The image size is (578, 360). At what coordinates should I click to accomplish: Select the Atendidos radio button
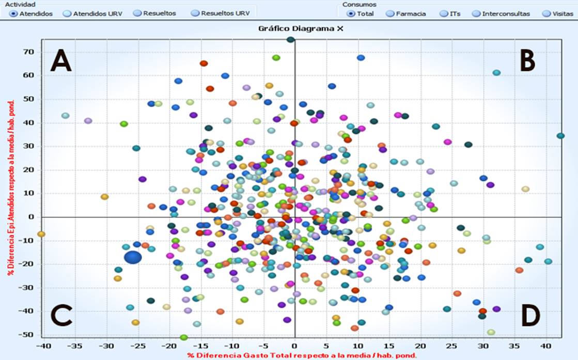click(13, 14)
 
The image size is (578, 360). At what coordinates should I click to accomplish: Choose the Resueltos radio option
click(137, 13)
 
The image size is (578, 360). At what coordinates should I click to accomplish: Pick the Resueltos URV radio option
click(195, 14)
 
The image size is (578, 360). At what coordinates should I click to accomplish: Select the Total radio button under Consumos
click(351, 14)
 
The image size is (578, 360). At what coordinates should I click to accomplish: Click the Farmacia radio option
click(390, 14)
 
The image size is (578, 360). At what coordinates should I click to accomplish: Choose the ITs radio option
click(444, 14)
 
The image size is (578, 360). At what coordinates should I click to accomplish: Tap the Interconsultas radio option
click(476, 14)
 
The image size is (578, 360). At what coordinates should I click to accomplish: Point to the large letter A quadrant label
click(60, 61)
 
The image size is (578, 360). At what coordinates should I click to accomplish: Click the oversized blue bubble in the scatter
click(133, 257)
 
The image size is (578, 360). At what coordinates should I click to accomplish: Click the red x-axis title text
click(302, 355)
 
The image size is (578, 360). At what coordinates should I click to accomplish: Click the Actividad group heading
click(17, 4)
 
